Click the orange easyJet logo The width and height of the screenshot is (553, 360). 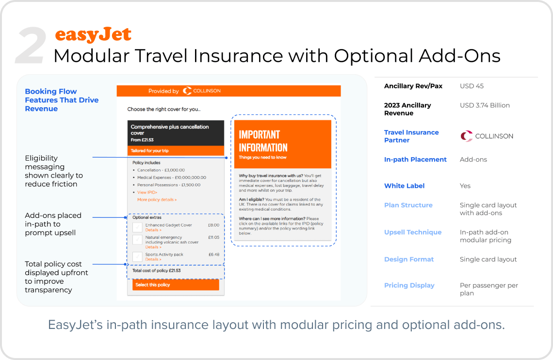click(x=93, y=34)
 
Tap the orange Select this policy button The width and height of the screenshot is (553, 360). click(x=176, y=284)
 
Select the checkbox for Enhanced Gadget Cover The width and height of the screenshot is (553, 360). click(x=137, y=227)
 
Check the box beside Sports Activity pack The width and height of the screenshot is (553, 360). click(x=137, y=256)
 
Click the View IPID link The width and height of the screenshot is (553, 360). click(x=147, y=192)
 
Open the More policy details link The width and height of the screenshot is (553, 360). click(x=157, y=199)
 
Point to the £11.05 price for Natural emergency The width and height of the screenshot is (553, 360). click(x=214, y=237)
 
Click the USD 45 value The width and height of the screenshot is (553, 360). click(x=472, y=86)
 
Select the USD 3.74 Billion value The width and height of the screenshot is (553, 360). click(x=485, y=105)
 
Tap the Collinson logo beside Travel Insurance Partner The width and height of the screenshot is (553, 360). click(x=487, y=136)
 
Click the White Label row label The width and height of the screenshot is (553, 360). click(x=404, y=186)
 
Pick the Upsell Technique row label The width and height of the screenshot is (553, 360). click(x=413, y=232)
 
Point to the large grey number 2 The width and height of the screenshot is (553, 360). click(x=31, y=46)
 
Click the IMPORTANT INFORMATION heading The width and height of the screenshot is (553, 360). click(x=263, y=141)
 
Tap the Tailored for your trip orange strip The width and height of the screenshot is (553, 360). click(x=176, y=150)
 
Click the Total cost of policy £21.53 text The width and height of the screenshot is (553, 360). click(x=156, y=270)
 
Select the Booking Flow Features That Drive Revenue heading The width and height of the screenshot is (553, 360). click(x=62, y=100)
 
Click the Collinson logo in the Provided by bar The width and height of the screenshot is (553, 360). click(x=202, y=91)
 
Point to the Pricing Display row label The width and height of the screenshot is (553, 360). click(x=409, y=285)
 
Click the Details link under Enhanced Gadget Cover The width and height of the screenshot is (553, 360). click(x=153, y=230)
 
